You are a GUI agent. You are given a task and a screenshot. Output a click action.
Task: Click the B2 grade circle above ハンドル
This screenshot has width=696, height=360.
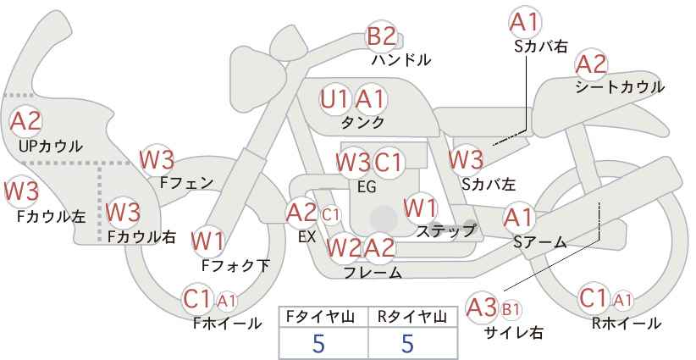381,36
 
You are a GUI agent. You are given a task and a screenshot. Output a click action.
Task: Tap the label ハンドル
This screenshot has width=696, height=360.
401,60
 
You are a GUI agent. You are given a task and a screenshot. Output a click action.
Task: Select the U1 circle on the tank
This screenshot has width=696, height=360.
335,99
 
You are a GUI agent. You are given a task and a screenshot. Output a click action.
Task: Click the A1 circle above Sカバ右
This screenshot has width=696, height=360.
525,21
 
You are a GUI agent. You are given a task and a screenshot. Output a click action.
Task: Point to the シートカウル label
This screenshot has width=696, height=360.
619,87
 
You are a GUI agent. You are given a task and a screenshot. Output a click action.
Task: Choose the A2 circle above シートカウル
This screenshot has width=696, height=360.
591,64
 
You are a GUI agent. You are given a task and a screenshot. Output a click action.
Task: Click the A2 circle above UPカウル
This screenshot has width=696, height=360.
26,121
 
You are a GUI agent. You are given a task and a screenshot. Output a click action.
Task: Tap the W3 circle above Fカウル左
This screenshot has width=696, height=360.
21,191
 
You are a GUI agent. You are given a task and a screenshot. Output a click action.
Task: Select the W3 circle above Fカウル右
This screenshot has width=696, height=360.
123,210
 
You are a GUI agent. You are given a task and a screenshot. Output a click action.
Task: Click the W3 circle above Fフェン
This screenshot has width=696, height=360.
157,158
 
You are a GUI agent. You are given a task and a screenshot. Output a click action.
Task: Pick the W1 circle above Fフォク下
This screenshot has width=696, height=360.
207,241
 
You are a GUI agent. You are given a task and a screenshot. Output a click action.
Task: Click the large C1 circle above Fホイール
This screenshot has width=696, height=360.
198,298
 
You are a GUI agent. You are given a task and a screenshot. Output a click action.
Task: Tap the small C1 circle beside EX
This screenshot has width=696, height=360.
329,214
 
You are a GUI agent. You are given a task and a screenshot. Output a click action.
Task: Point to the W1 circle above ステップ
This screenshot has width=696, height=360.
420,207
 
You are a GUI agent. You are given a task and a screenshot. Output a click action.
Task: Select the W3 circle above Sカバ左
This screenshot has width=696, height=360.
466,158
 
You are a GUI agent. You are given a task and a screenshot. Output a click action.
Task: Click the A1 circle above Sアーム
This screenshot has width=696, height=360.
518,218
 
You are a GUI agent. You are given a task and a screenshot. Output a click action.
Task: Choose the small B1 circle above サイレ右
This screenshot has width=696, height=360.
511,308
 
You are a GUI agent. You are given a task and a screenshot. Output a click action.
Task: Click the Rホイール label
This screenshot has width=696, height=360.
626,323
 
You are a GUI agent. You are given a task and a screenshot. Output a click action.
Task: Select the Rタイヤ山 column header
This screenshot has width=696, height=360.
406,316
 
